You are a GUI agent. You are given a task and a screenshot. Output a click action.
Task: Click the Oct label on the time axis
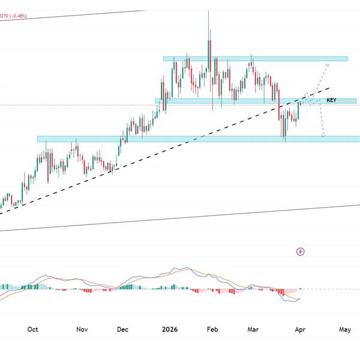(33, 329)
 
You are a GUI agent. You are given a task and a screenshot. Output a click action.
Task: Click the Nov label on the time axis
(82, 329)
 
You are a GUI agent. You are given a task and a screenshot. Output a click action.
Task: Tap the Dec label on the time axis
(122, 329)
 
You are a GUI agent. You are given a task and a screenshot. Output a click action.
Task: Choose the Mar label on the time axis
(253, 329)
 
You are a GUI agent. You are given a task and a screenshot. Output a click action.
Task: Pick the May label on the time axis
(345, 329)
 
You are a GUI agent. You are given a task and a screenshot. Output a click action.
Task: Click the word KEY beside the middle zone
(331, 100)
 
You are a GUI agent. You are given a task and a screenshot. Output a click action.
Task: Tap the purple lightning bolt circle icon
(301, 252)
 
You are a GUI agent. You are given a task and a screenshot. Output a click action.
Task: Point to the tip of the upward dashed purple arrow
(328, 63)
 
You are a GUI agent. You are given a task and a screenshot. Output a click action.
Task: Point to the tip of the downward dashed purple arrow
(323, 137)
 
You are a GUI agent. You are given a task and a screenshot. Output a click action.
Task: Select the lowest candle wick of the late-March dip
(284, 140)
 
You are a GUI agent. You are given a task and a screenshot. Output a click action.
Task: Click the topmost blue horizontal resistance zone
(255, 58)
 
